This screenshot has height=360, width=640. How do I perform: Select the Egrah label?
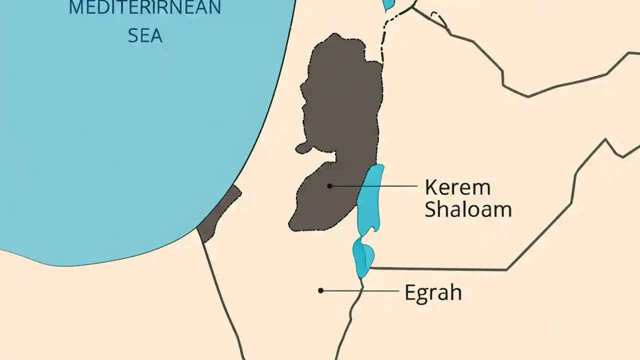click(x=432, y=292)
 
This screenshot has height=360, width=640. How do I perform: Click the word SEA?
click(x=145, y=36)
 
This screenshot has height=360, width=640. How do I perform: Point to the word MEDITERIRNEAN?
click(x=145, y=8)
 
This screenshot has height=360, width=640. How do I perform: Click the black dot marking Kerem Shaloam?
click(x=329, y=186)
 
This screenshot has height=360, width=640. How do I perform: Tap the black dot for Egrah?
click(x=320, y=290)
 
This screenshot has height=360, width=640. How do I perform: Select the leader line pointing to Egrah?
click(x=360, y=290)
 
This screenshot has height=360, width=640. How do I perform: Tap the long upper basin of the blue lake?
click(x=370, y=200)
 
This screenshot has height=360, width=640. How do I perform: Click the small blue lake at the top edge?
click(x=388, y=4)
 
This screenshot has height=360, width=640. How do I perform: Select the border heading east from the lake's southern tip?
click(x=440, y=269)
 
